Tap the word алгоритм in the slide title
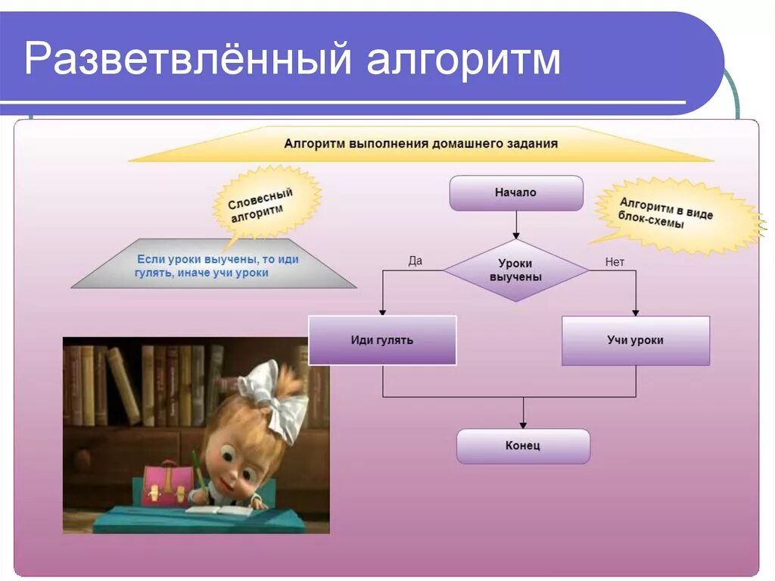[464, 61]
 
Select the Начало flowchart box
[516, 193]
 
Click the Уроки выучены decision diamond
[515, 270]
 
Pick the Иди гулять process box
[382, 340]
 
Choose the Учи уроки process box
[635, 340]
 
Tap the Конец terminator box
[523, 446]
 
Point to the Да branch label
[415, 261]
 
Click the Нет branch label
[615, 262]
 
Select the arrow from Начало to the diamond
[516, 224]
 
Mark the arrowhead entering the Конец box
[523, 423]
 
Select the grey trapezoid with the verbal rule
[214, 265]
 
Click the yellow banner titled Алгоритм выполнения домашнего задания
[421, 144]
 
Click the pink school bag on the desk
[168, 484]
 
